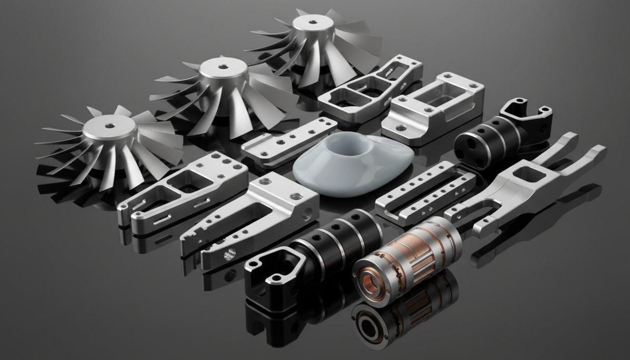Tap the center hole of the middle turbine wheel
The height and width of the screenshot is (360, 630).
(222, 66)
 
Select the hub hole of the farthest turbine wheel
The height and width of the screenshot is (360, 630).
(312, 22)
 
